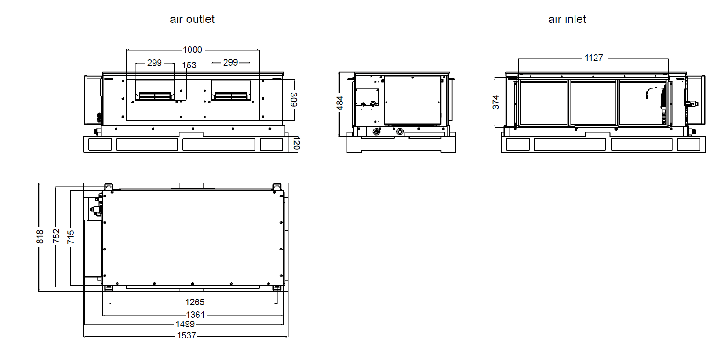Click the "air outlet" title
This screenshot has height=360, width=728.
point(192,19)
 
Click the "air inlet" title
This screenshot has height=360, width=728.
point(567,19)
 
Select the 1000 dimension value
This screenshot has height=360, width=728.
point(192,50)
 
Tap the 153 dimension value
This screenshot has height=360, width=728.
point(189,66)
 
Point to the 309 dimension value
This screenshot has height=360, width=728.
point(294,100)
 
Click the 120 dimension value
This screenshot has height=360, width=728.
point(296,143)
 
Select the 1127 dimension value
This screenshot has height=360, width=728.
point(594,58)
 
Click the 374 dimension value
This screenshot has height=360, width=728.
point(496,102)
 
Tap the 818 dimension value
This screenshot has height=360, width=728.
point(40,236)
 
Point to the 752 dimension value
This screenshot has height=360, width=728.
point(57,236)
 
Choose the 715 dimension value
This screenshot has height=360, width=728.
point(71,236)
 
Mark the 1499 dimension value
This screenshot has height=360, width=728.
point(185,324)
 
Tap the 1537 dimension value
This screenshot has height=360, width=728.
point(186,336)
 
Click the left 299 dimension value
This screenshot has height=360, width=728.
point(154,63)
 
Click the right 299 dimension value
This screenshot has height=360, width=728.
point(230,63)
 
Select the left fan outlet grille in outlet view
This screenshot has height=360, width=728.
point(155,96)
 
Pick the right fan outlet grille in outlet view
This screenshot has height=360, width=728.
point(231,96)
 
